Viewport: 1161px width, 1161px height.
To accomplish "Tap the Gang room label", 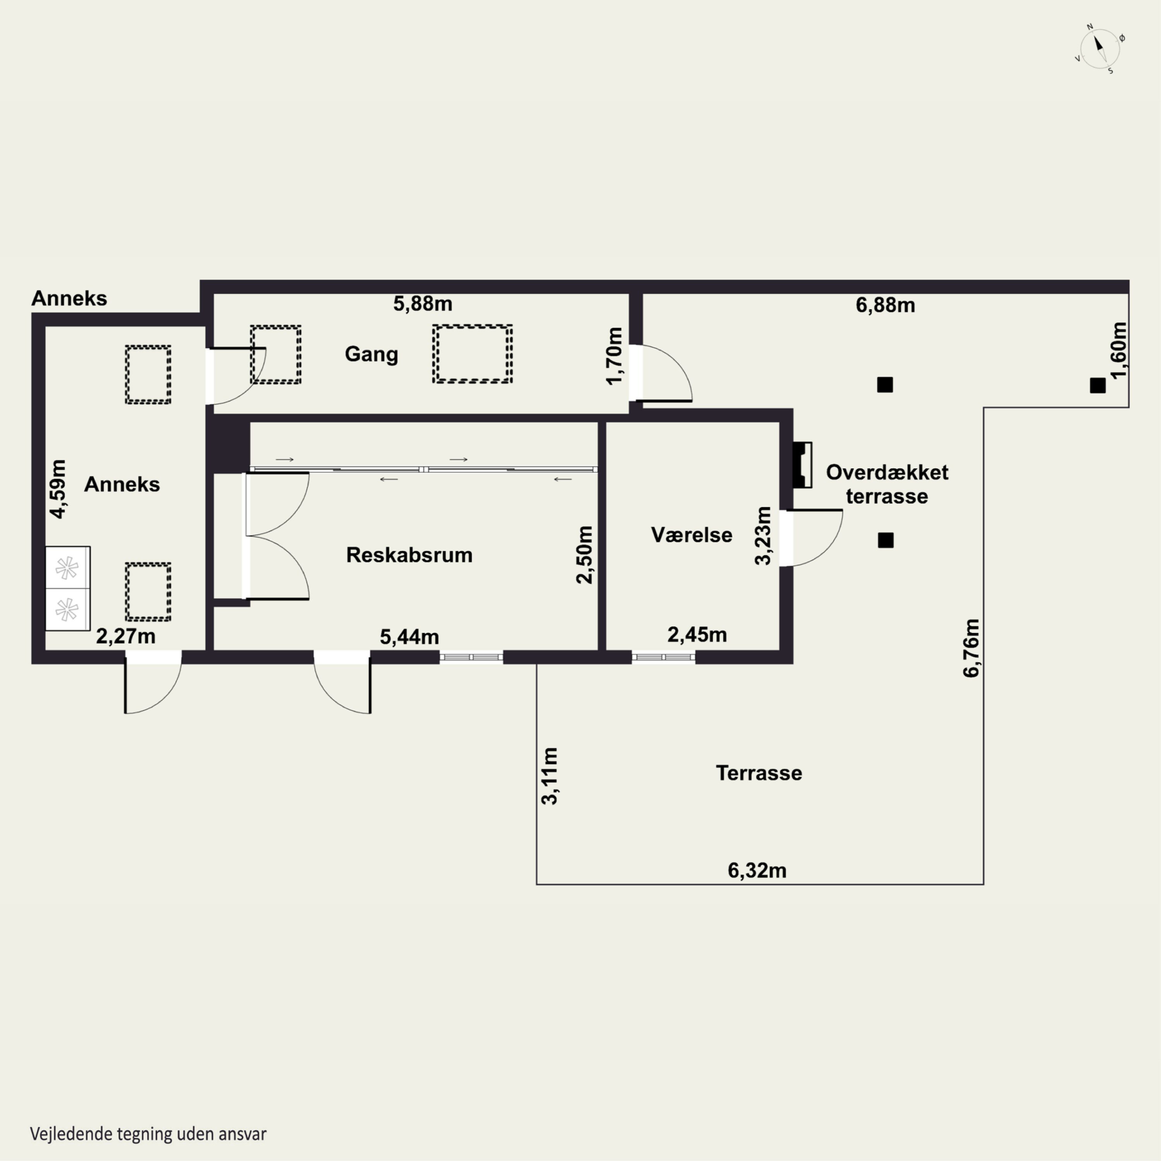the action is click(372, 354).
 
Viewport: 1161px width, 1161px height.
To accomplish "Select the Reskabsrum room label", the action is click(409, 555).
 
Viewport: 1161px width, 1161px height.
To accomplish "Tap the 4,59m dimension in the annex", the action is click(58, 488).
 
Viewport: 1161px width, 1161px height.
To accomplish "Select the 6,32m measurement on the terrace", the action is click(757, 870).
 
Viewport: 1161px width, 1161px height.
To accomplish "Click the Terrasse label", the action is click(759, 773).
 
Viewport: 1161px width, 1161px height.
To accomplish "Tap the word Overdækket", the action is click(887, 472).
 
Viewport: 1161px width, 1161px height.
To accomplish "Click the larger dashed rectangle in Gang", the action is click(472, 354).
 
